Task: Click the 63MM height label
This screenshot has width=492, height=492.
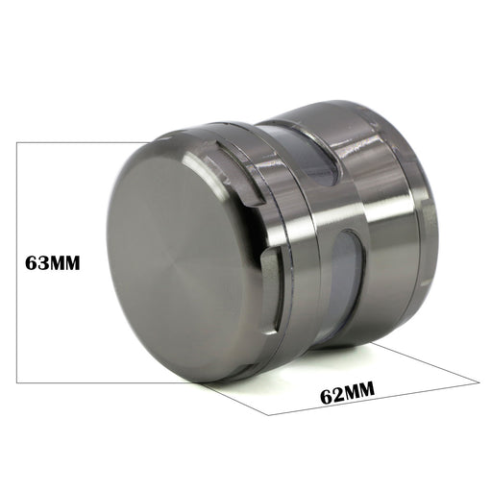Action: tap(53, 263)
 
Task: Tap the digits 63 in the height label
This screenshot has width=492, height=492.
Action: tap(36, 263)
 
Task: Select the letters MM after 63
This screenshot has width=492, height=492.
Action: tap(63, 263)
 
